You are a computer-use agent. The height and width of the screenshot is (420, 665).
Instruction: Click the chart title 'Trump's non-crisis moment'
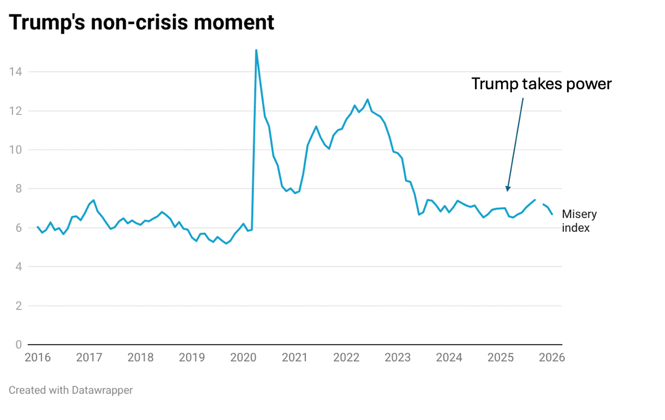point(141,22)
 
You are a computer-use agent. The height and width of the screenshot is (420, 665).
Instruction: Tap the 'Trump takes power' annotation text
point(541,84)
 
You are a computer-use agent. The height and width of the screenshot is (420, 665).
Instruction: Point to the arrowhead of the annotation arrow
point(508,189)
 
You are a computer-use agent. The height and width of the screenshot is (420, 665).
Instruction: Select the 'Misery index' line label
point(579,221)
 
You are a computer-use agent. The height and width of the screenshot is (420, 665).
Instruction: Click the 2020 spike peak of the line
point(256,50)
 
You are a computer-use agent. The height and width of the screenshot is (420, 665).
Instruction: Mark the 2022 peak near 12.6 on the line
point(368,99)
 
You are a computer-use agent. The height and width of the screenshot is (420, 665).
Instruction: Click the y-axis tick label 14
point(15,72)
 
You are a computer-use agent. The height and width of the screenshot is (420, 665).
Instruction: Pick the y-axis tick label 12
point(15,111)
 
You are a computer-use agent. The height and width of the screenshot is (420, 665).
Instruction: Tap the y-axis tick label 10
point(15,150)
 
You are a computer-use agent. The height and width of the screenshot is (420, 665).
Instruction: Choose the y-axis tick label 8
point(18,189)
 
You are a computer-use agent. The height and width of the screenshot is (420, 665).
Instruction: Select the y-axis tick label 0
point(18,345)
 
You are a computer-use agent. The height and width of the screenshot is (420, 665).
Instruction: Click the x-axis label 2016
point(38,357)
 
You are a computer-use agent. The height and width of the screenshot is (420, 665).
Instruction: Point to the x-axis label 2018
point(140,357)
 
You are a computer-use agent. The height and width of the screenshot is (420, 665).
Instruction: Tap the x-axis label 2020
point(243,357)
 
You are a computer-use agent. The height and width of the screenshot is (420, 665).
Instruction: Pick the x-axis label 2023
point(398,357)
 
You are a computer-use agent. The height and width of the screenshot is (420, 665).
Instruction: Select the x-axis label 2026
point(552,357)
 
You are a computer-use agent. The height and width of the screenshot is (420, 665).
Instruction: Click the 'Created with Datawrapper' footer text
point(71,390)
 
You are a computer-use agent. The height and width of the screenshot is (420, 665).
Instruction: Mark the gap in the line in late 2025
point(539,202)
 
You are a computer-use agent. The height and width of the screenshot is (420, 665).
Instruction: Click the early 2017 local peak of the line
point(94,200)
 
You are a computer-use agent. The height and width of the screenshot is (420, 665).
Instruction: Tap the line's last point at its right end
point(552,214)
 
